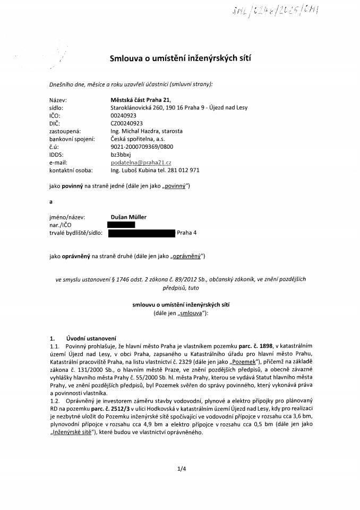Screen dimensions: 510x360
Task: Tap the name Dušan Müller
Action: pos(128,217)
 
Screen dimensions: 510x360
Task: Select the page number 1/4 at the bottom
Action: pos(181,468)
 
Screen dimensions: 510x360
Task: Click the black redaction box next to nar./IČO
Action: pos(121,225)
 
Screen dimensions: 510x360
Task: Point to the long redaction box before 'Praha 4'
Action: pos(141,233)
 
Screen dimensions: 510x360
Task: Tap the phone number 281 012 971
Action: pos(181,170)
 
